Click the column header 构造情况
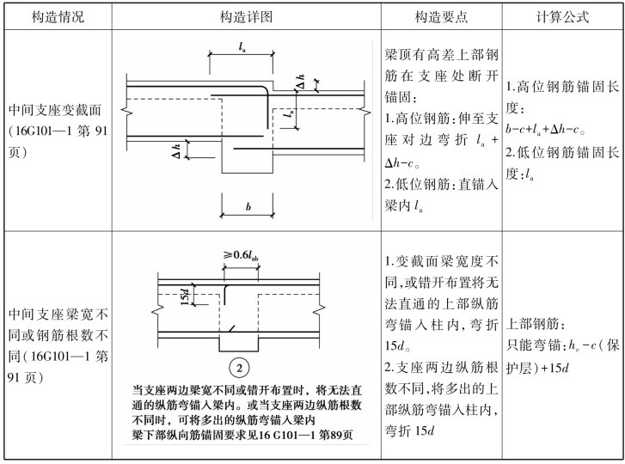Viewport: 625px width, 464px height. click(58, 17)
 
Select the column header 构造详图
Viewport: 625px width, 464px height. click(246, 17)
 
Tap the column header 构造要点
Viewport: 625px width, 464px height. click(441, 17)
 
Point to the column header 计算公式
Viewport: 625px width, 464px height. click(562, 17)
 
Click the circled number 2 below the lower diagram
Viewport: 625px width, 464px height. click(239, 368)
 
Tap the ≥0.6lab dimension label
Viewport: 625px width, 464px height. click(241, 255)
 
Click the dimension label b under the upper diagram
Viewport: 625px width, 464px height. click(248, 207)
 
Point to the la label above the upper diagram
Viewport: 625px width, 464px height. click(242, 47)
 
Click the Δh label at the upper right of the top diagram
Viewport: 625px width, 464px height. click(301, 82)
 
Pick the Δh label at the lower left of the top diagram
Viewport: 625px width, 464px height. click(176, 151)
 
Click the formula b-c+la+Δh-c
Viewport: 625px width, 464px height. click(545, 130)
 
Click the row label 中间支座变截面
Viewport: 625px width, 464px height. click(55, 110)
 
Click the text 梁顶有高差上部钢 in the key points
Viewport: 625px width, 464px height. click(442, 55)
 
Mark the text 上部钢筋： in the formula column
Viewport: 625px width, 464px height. click(536, 324)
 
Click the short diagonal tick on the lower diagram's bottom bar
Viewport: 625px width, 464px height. click(230, 328)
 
